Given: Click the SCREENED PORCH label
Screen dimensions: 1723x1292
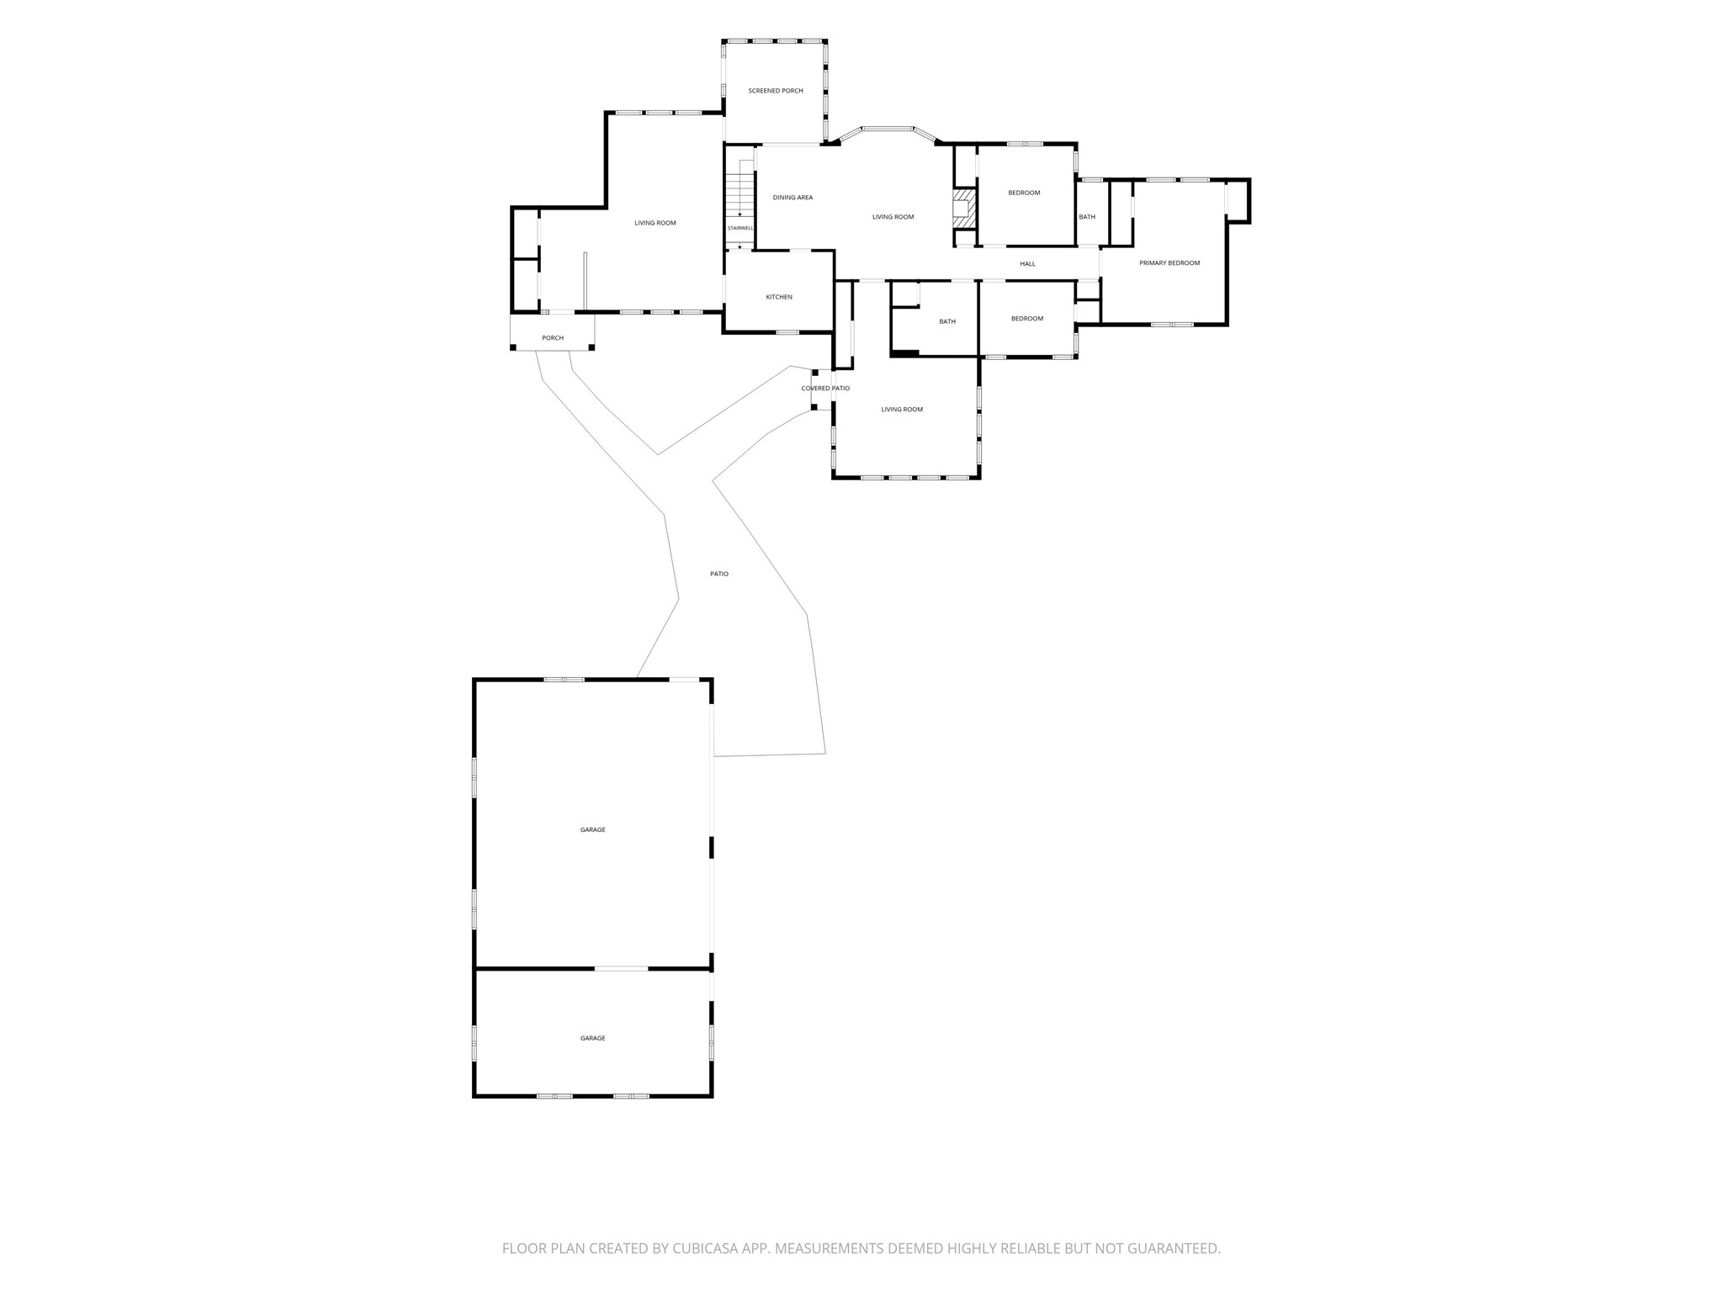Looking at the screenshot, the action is click(x=776, y=91).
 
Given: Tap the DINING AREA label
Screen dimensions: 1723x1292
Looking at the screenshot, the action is click(x=793, y=198).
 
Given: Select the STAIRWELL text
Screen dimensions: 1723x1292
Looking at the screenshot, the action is click(x=740, y=228).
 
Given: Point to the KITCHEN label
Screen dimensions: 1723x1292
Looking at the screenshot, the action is click(x=779, y=297).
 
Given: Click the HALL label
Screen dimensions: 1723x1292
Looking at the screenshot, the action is click(x=1027, y=264).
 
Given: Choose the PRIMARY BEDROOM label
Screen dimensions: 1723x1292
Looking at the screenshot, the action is click(x=1169, y=263).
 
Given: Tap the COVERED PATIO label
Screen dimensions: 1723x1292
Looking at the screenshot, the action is click(x=825, y=389).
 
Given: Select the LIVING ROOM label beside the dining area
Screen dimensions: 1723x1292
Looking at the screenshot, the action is click(x=893, y=217).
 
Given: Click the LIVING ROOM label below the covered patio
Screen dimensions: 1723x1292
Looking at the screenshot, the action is click(x=902, y=410).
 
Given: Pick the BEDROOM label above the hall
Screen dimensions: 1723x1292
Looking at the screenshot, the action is click(x=1024, y=193).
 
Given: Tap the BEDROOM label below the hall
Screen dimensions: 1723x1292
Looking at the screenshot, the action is click(x=1027, y=319).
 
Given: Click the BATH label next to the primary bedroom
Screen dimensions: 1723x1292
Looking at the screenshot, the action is click(x=1087, y=217).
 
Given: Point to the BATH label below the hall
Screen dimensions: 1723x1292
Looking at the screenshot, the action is click(x=947, y=321).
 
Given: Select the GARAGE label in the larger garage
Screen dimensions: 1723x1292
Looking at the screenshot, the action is click(x=592, y=830).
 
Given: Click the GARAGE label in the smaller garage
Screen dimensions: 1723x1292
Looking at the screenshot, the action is click(x=592, y=1039).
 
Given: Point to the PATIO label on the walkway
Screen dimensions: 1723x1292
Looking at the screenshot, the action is click(x=719, y=575).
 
